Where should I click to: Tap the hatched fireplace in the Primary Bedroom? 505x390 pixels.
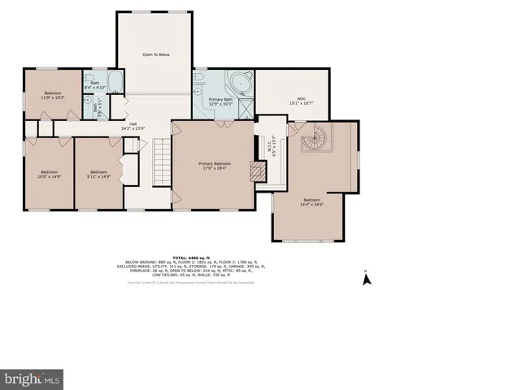pos(259,171)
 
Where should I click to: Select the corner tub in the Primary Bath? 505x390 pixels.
pos(242,84)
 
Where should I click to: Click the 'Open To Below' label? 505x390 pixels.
pos(156,54)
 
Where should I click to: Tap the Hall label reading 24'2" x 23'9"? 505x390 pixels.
pos(133,126)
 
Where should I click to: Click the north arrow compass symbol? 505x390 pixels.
pos(366,279)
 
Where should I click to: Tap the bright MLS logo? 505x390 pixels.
pos(33,379)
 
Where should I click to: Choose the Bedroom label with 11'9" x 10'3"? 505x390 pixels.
pos(53,96)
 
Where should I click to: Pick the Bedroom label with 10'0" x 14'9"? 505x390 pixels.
pos(50,174)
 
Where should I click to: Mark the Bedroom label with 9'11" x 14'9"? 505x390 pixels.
pos(98,174)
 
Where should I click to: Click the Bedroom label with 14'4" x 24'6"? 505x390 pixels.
pos(312,202)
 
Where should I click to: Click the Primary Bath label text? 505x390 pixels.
pos(221,102)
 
